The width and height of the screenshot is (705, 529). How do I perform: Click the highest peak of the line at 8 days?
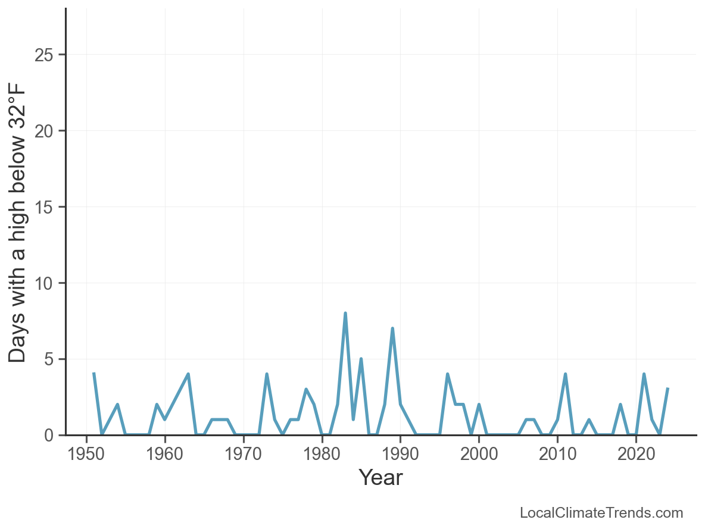point(345,313)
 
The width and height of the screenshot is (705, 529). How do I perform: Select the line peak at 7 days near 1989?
point(392,328)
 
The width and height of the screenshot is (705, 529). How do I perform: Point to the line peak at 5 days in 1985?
point(361,359)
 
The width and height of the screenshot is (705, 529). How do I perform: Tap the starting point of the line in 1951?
point(94,374)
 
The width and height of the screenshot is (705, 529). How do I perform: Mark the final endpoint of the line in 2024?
point(667,389)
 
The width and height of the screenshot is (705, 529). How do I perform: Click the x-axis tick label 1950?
point(86,455)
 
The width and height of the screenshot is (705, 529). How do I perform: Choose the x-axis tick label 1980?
point(322,455)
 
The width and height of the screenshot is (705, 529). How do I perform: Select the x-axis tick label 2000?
point(479,455)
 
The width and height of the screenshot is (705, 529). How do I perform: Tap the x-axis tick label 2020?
point(636,455)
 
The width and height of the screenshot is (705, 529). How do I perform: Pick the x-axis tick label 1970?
point(243,455)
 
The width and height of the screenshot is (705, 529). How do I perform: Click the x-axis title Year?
point(380,478)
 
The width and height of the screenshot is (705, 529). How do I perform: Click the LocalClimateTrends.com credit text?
point(601,513)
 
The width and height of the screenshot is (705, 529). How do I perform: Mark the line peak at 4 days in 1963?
point(188,374)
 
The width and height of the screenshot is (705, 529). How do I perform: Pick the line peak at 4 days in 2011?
point(565,374)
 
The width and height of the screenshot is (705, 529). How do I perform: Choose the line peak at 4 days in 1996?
point(447,374)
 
